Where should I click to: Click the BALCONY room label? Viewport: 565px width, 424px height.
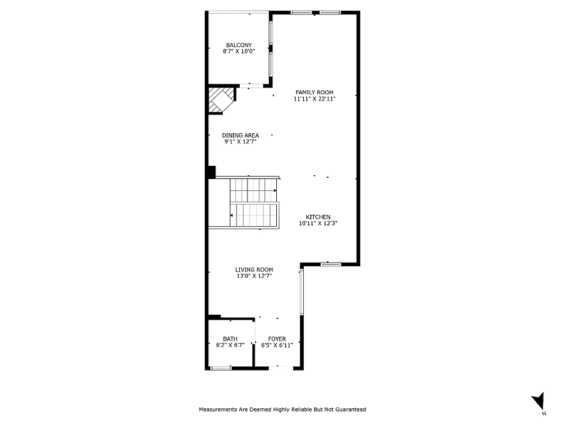[x=239, y=45]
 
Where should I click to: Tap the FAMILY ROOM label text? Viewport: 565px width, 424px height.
[x=315, y=92]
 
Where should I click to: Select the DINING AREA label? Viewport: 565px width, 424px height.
[x=240, y=135]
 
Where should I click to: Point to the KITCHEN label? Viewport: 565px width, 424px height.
[x=318, y=217]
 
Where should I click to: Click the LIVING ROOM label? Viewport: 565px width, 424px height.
[x=254, y=269]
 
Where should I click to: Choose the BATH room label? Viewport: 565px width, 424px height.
[x=230, y=339]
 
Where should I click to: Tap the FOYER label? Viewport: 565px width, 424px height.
[x=277, y=339]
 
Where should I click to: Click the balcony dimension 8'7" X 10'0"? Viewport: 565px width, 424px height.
[x=239, y=52]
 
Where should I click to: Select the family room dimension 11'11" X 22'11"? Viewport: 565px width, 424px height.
[x=315, y=99]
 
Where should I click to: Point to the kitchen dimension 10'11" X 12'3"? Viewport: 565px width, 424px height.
[x=318, y=223]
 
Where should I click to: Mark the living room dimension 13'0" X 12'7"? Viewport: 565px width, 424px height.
[x=254, y=276]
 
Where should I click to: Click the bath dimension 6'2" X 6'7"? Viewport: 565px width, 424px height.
[x=230, y=345]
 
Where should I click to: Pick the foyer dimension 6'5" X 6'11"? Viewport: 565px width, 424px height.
[x=277, y=345]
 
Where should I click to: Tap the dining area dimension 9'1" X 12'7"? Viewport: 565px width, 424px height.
[x=240, y=142]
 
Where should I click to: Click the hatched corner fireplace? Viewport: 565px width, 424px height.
[x=221, y=100]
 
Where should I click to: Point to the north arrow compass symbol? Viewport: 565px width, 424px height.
[x=539, y=401]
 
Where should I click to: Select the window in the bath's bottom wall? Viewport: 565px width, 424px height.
[x=220, y=368]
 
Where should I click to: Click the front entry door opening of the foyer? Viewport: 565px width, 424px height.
[x=281, y=368]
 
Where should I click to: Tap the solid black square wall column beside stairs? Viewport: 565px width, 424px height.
[x=212, y=172]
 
